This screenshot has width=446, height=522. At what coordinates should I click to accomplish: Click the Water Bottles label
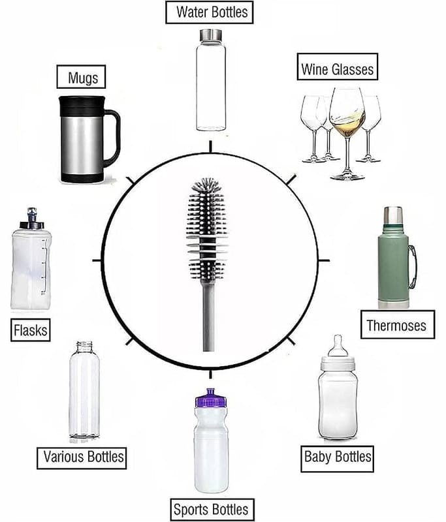click(x=210, y=12)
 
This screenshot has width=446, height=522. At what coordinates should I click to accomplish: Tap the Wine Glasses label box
click(x=338, y=67)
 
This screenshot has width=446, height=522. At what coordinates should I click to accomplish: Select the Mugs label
click(x=81, y=77)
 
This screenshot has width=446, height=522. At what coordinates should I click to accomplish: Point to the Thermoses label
click(x=398, y=324)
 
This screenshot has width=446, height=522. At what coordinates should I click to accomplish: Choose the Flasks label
click(x=31, y=330)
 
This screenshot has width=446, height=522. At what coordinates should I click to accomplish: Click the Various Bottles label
click(x=82, y=458)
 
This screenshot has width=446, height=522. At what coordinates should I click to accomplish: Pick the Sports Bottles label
click(x=212, y=510)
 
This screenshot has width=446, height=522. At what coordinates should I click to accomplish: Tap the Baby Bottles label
click(x=337, y=459)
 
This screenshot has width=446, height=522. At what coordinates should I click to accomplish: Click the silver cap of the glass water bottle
click(x=211, y=35)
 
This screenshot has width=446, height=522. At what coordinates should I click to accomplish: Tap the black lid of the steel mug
click(x=82, y=106)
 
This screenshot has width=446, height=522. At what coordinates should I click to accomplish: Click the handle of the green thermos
click(x=412, y=267)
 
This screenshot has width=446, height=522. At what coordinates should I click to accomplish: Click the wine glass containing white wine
click(x=347, y=134)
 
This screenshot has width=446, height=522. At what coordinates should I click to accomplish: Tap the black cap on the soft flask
click(x=32, y=224)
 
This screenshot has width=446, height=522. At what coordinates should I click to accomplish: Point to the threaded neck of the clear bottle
click(x=84, y=346)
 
